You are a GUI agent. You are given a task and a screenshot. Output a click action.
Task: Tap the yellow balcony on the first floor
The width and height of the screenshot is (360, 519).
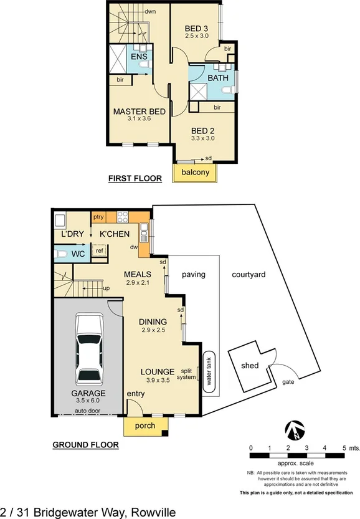coord(195,173)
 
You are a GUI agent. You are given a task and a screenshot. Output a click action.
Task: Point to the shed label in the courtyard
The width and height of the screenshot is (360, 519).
coord(250,366)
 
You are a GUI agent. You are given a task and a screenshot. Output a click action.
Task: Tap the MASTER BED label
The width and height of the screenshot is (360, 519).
coord(139,112)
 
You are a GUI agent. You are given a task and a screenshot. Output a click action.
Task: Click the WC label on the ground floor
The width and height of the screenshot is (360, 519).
coord(78,254)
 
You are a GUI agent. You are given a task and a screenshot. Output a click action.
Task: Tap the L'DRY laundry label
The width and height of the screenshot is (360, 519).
coord(72,234)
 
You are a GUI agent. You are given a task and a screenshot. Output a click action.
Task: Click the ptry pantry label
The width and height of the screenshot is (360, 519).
coord(98,217)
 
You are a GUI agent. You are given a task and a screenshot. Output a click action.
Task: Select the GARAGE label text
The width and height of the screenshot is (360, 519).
coord(87,393)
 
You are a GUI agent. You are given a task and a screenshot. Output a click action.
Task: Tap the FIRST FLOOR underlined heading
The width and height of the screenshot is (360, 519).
coord(135,178)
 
